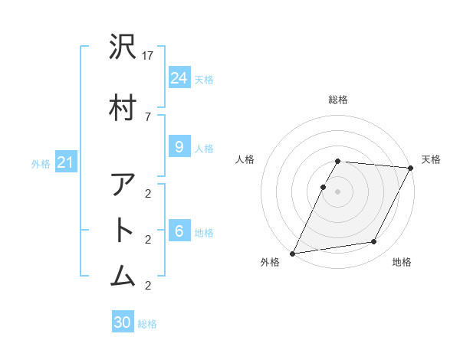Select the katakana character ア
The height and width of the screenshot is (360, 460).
tap(123, 186)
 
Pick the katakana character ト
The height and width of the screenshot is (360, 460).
tap(123, 231)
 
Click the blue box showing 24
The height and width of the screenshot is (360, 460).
tap(179, 77)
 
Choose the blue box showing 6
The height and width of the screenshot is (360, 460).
tap(179, 231)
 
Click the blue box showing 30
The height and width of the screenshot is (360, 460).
tap(123, 322)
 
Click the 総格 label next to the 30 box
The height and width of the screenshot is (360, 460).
tap(148, 324)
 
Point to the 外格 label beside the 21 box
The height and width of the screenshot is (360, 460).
tap(41, 163)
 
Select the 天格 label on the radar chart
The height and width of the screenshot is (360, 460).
tap(431, 159)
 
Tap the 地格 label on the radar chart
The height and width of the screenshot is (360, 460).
tap(402, 262)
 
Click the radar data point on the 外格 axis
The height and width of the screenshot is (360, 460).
tap(292, 254)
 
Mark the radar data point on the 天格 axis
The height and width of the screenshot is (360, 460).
tap(411, 168)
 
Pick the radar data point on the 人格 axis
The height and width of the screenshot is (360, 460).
tap(323, 187)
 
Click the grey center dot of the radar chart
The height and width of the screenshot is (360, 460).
tap(337, 191)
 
